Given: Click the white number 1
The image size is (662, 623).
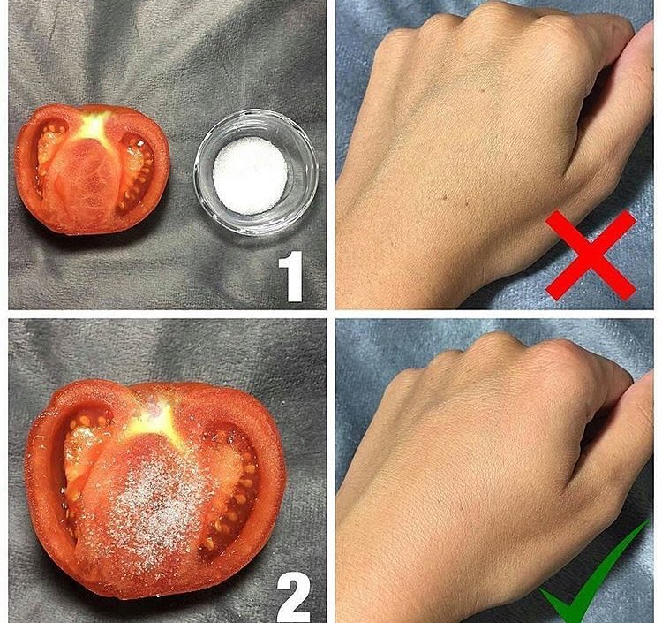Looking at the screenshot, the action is pyautogui.click(x=292, y=277).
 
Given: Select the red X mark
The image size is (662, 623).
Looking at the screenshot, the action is pyautogui.click(x=591, y=255).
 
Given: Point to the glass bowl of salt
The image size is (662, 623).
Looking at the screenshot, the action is pyautogui.click(x=255, y=171).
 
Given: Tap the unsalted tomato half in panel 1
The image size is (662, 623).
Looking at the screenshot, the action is pyautogui.click(x=92, y=168).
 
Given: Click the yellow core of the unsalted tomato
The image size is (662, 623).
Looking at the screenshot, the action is pyautogui.click(x=94, y=125).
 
